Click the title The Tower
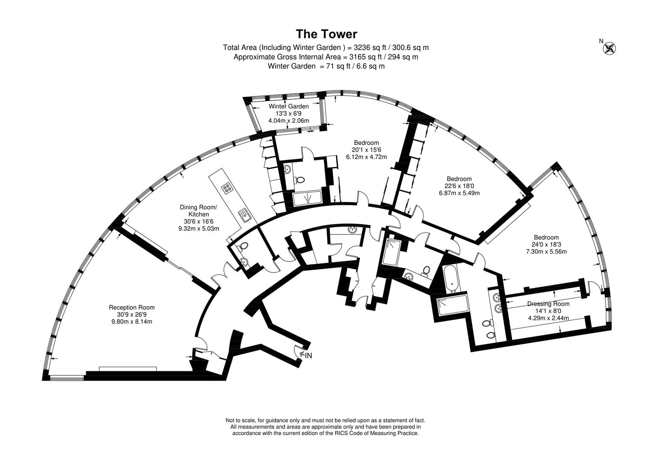(x=326, y=34)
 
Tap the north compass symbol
(x=609, y=48)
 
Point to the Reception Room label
(x=132, y=307)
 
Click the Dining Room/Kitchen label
(x=198, y=211)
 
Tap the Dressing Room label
(x=548, y=304)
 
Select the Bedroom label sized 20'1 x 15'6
(x=366, y=143)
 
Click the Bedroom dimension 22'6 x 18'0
(x=459, y=186)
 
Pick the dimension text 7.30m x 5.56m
(x=546, y=252)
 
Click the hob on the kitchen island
(x=227, y=187)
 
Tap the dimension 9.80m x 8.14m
(x=132, y=322)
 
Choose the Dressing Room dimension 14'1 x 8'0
(x=548, y=311)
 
